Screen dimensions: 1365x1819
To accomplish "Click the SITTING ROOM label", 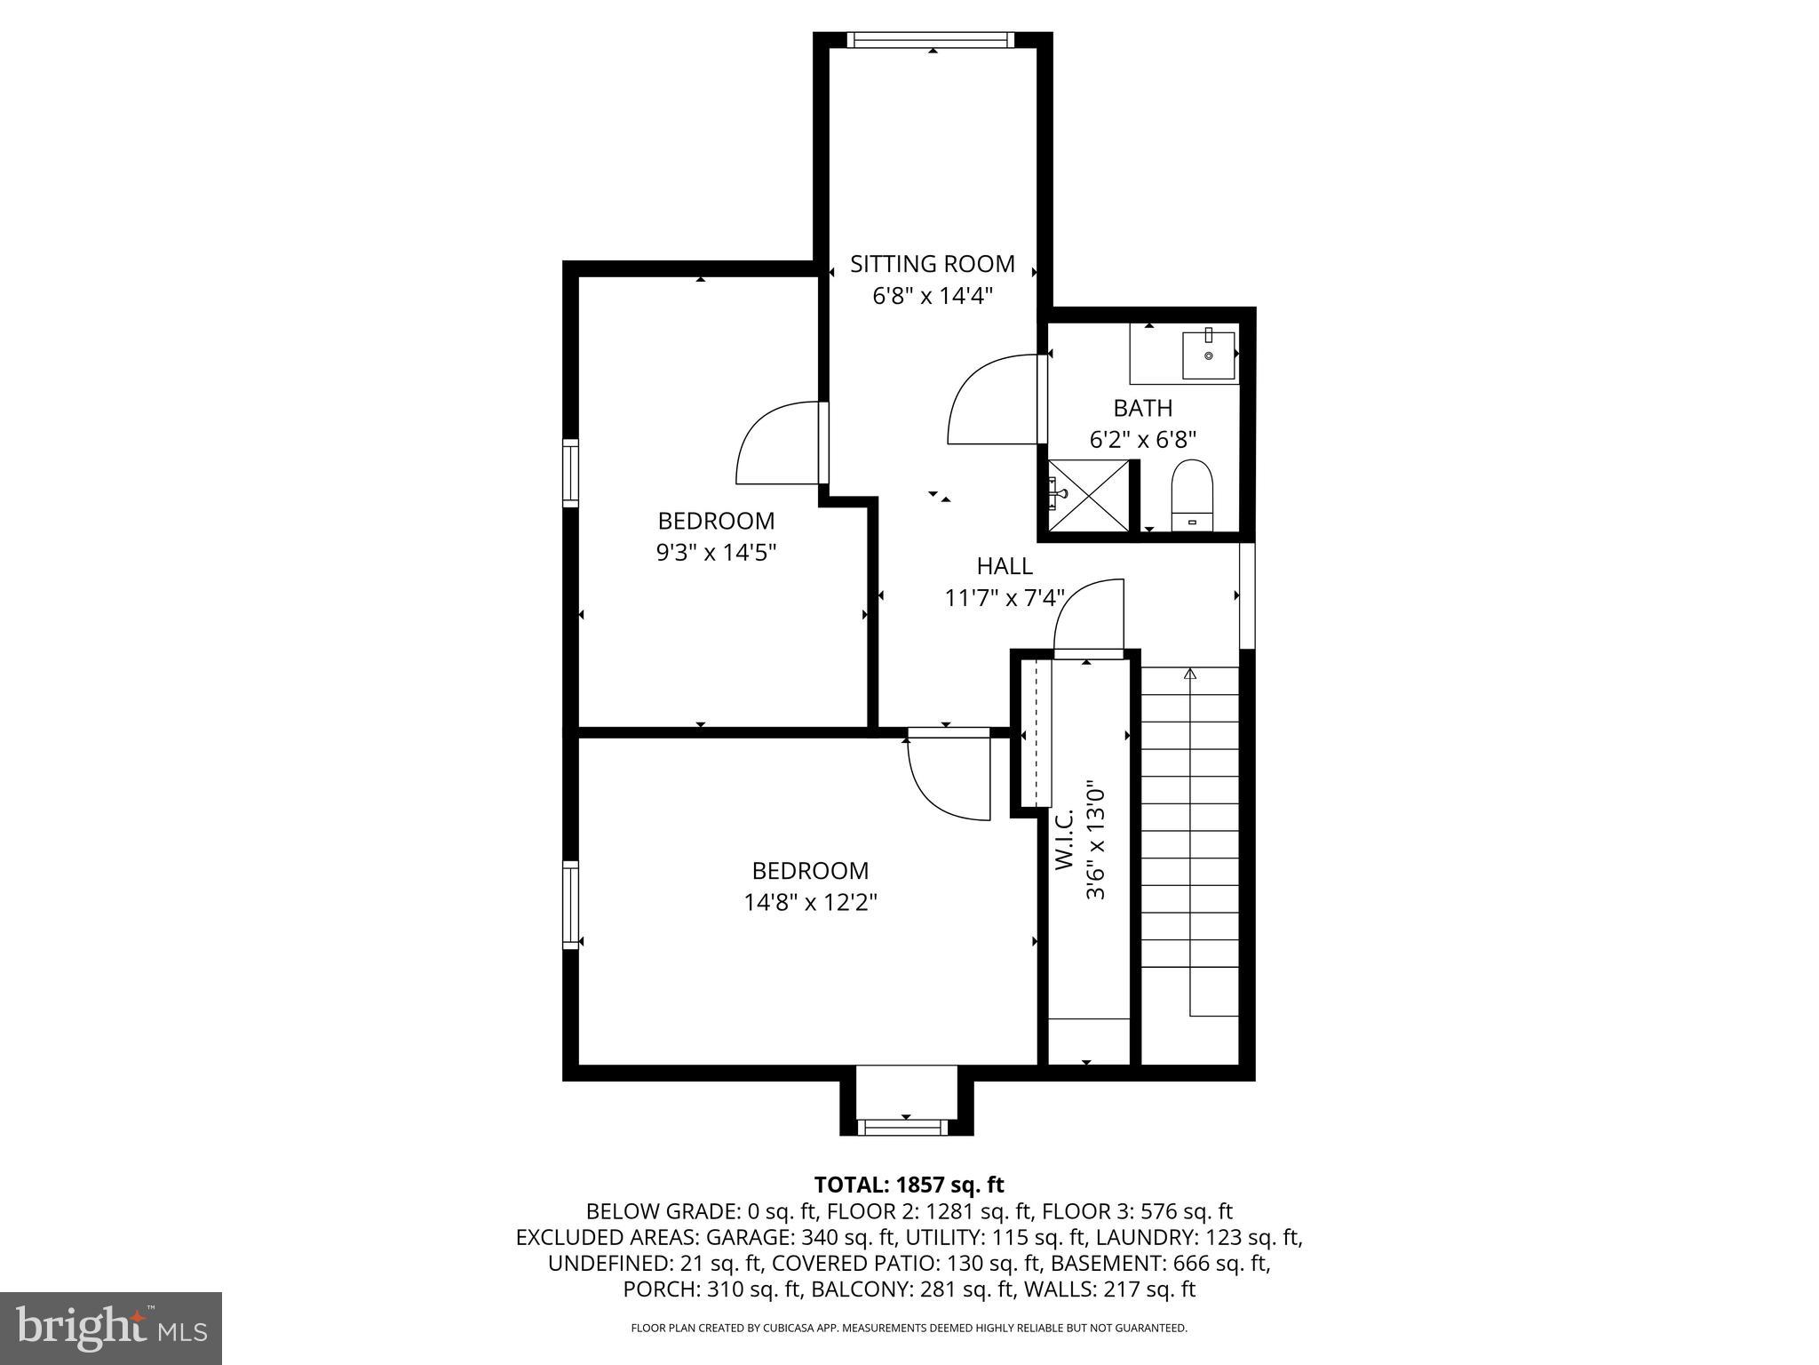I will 932,264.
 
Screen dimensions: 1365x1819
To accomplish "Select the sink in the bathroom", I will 1208,355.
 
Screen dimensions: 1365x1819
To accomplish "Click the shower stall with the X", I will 1089,497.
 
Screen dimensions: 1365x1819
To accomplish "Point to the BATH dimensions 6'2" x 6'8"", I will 1142,439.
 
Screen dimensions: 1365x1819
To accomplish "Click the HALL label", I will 1005,566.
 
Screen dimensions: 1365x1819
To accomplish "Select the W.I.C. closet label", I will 1065,839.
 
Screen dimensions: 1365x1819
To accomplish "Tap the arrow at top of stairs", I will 1190,675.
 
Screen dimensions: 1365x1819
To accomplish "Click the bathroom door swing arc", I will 990,399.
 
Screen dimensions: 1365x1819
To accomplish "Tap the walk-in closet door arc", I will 1088,613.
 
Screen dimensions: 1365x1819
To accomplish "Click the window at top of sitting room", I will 930,39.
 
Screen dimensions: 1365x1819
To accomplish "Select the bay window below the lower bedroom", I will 905,1127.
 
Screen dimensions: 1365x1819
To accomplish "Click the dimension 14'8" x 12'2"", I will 810,903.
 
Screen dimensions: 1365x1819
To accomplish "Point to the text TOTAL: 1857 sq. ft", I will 909,1185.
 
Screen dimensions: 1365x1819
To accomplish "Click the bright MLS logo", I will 111,1328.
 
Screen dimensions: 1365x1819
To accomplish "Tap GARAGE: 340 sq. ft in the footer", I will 852,1237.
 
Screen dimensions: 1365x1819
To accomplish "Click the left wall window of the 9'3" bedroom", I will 570,473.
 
